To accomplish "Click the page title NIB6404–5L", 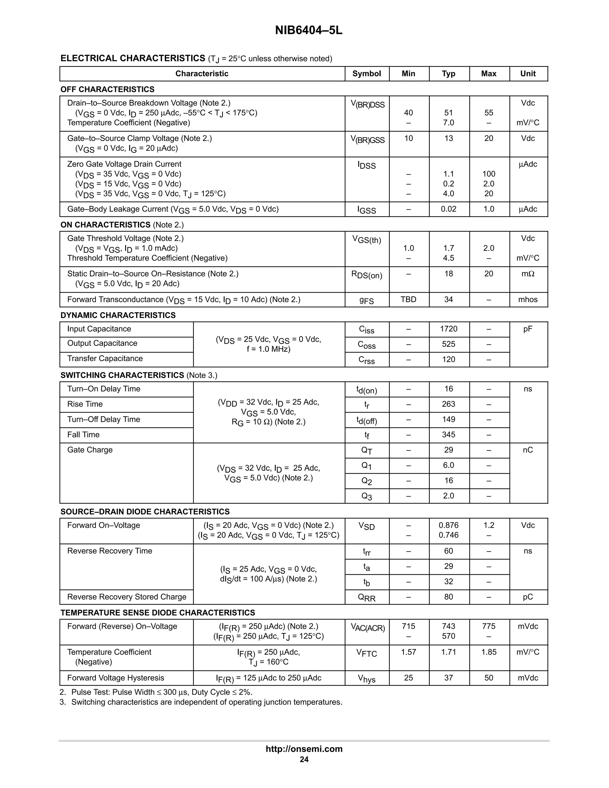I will coord(308,31).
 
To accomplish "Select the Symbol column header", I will coord(367,74).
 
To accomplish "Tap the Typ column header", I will coord(448,74).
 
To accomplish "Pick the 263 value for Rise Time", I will coord(448,404).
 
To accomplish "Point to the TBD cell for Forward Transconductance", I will coord(408,299).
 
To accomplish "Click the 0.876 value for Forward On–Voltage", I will coord(448,525).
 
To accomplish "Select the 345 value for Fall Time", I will coord(448,434).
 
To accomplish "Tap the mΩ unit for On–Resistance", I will coord(528,274).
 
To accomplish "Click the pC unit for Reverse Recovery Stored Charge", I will coord(528,597).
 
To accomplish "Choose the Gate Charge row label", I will coord(90,450).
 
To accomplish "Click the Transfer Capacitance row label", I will coord(105,359).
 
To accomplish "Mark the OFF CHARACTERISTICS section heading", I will coord(108,90).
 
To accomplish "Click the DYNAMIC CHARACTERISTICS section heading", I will coord(118,315).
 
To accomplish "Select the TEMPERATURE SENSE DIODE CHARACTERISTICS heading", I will coord(158,613).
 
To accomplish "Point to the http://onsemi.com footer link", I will coord(304,749).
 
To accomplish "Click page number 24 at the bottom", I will coord(304,759).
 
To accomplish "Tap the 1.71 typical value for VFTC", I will coord(448,652).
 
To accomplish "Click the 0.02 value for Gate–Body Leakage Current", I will coord(448,209).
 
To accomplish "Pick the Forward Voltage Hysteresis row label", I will coord(115,678).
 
